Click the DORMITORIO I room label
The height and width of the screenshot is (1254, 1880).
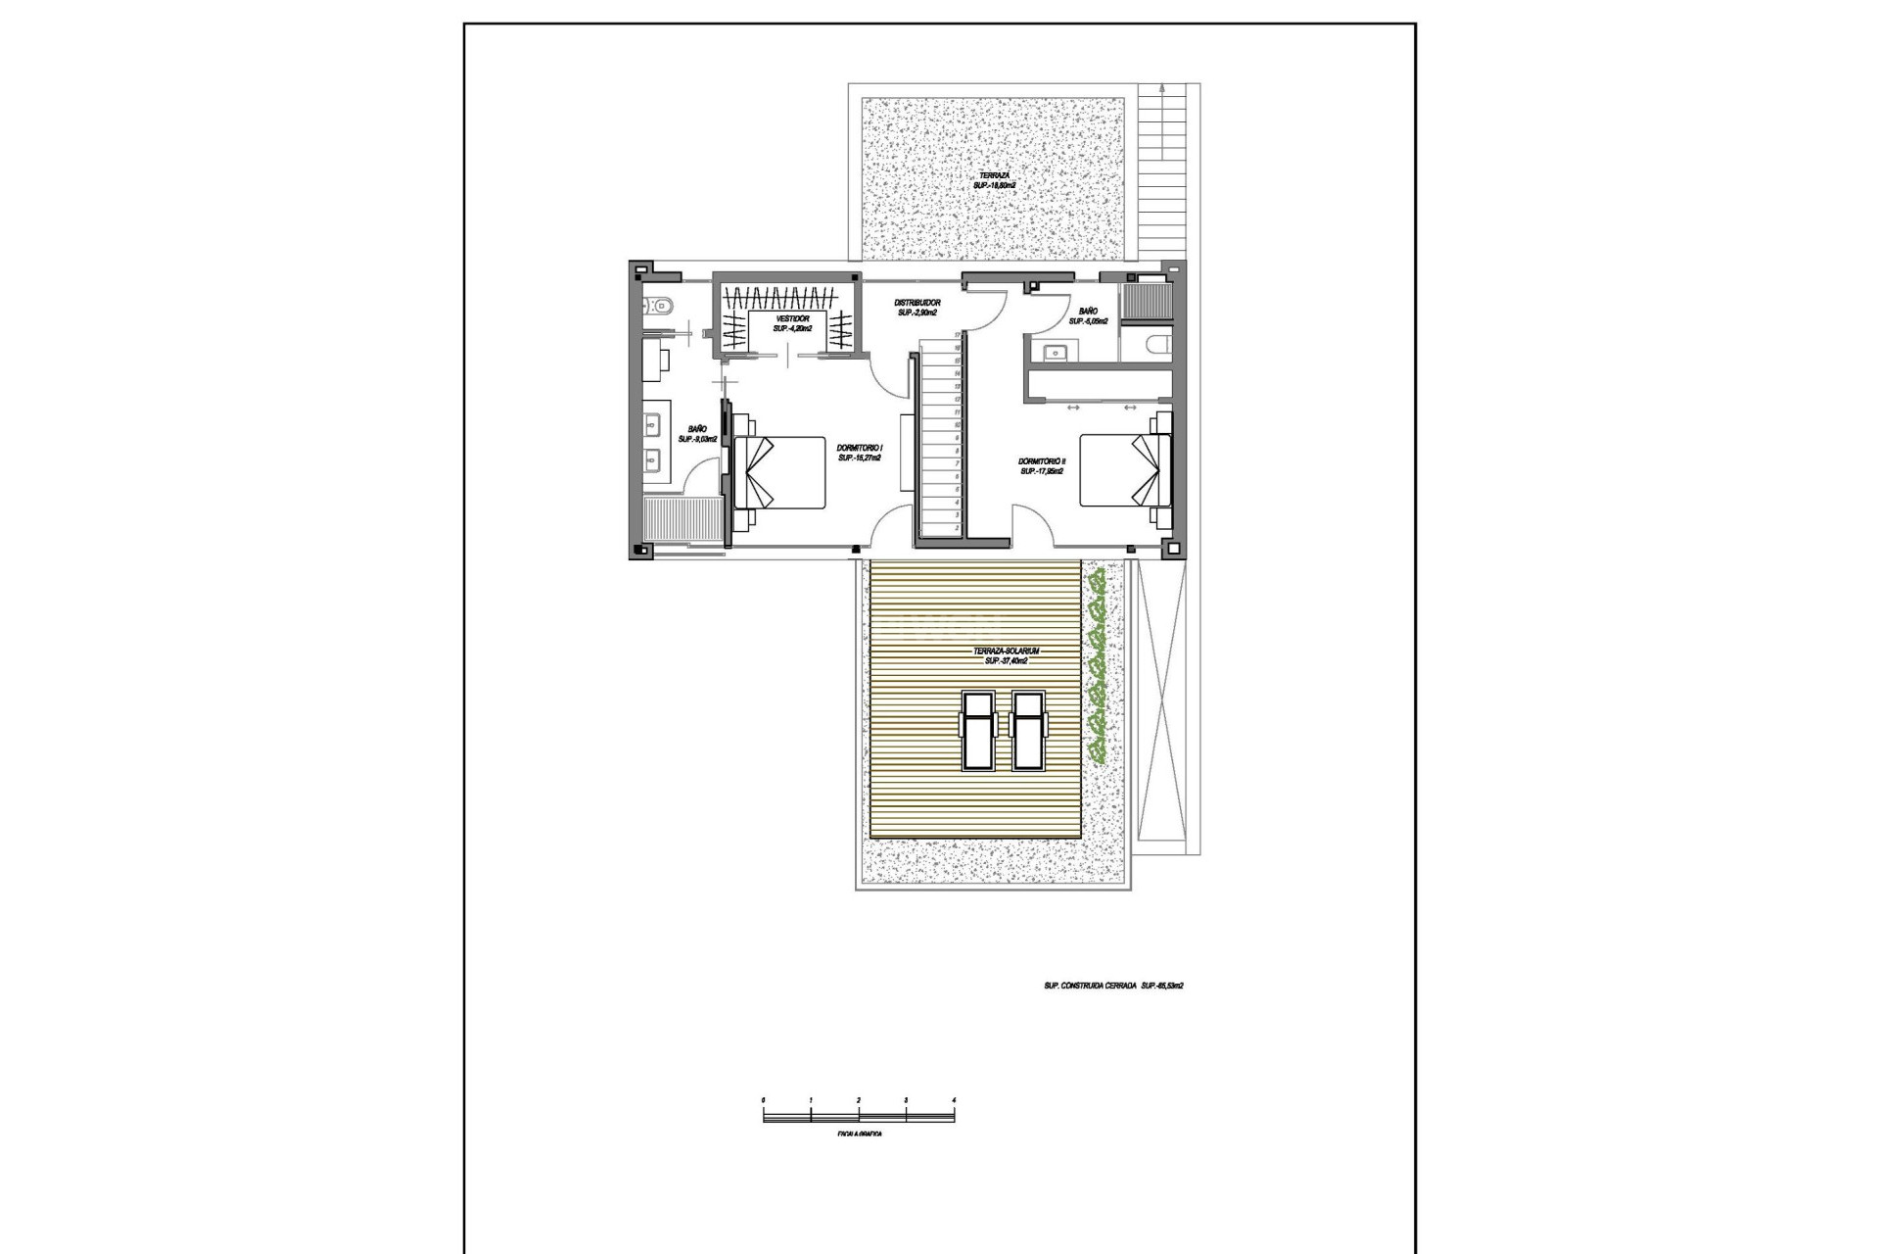pos(861,452)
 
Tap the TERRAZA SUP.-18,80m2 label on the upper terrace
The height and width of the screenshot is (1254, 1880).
pos(995,179)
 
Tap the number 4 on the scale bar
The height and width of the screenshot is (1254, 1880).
pos(954,1101)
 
